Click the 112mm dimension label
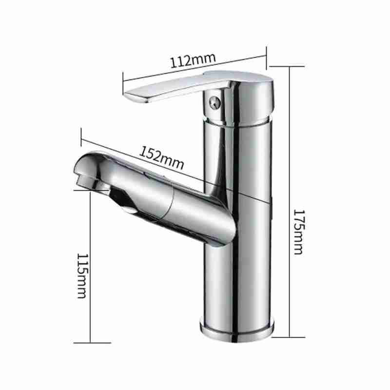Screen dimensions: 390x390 [193, 60]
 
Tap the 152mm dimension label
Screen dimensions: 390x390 [162, 158]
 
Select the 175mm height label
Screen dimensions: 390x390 [298, 232]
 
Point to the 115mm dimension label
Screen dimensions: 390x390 [82, 275]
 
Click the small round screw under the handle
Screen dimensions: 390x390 [214, 102]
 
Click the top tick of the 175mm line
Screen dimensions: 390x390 [287, 66]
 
